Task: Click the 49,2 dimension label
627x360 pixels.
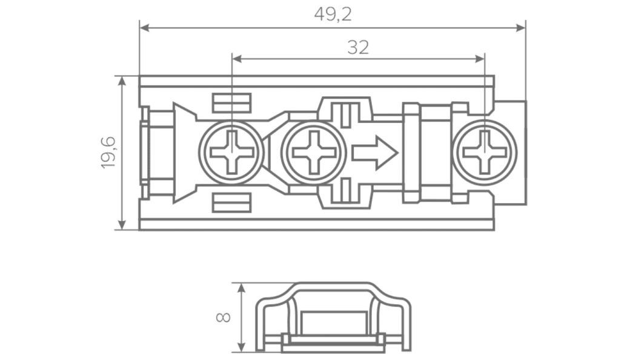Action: point(333,15)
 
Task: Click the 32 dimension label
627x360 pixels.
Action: point(358,48)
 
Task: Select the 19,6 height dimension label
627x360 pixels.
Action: point(108,152)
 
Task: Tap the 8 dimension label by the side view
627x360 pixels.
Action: point(223,317)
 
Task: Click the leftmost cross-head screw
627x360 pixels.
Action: point(231,152)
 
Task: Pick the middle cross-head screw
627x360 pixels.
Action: point(313,152)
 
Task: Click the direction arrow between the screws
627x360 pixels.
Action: point(374,152)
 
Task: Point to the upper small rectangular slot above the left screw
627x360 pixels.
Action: point(231,103)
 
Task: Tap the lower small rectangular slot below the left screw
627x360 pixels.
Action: point(231,202)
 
